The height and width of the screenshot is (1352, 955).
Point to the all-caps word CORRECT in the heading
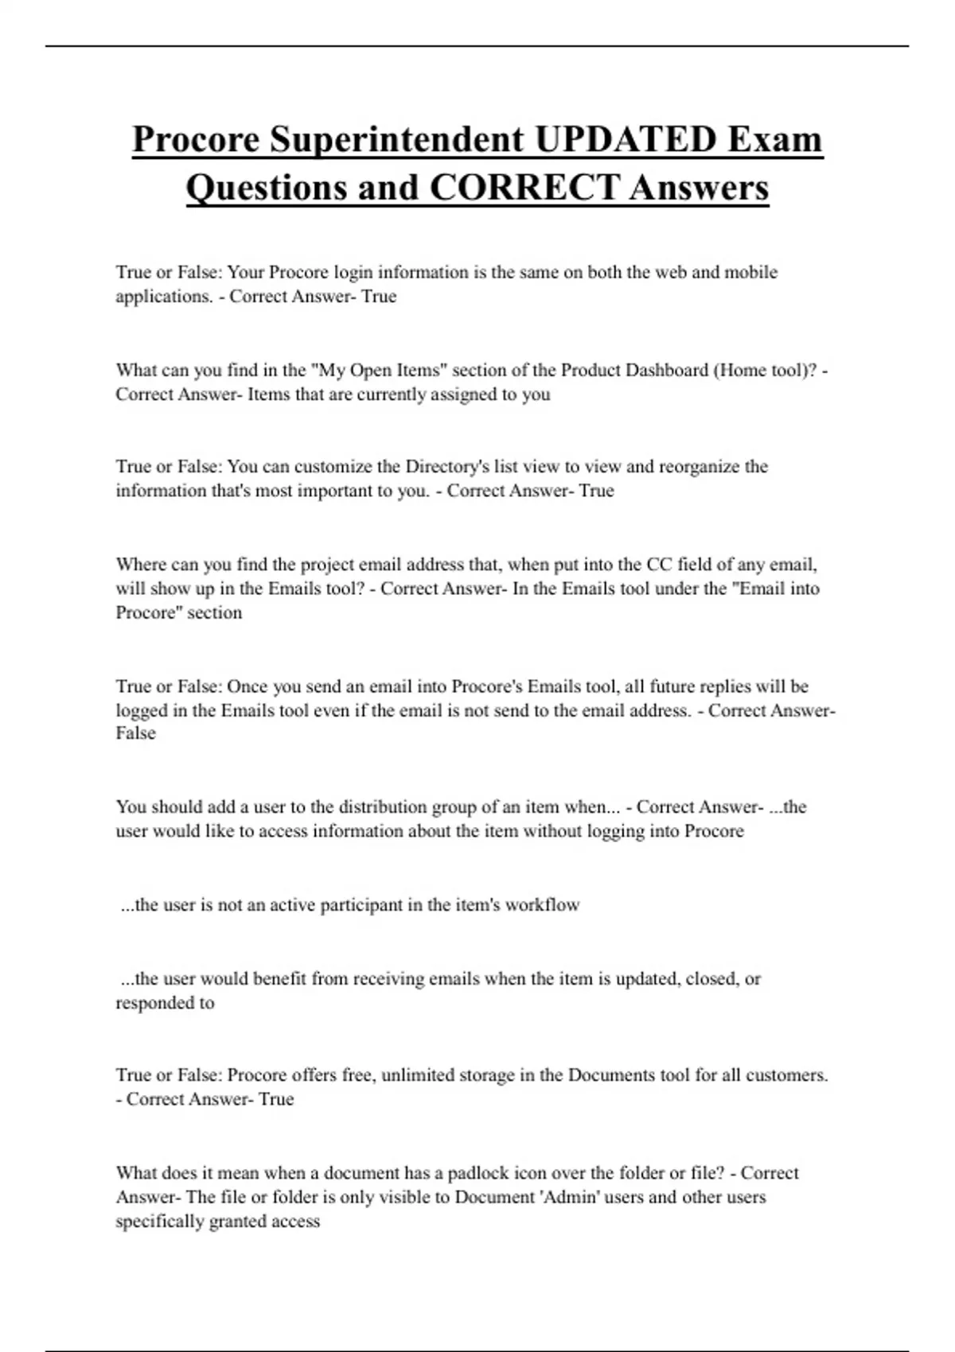tap(524, 188)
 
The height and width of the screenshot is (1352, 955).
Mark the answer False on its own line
tap(135, 733)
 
